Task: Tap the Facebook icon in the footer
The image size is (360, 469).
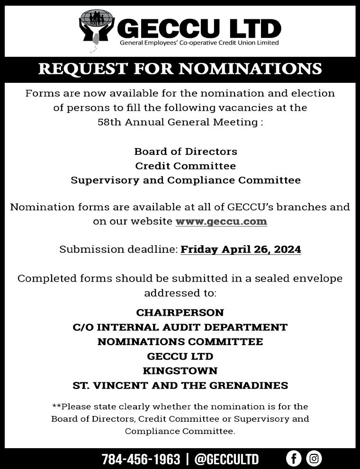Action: pos(294,458)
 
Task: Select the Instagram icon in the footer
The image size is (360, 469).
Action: pos(314,458)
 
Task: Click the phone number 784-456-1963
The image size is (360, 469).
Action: pos(141,459)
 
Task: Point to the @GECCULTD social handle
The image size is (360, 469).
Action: pos(226,459)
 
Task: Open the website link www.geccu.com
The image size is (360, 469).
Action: pos(221,221)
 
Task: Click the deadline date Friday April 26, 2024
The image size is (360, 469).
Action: pos(241,249)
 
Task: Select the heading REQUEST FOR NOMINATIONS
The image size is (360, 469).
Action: pos(180,69)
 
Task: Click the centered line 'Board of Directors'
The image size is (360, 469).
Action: pos(186,151)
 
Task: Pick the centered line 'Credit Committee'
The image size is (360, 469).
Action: pos(186,166)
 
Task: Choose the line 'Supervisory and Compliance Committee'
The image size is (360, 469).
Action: pos(186,180)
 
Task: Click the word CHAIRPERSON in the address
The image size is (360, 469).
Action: pos(180,313)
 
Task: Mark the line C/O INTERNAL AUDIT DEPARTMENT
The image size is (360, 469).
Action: pos(180,327)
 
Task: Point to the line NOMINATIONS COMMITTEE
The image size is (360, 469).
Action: pos(180,342)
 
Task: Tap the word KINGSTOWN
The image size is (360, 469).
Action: pos(180,371)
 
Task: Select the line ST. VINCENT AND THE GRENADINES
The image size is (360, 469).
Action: pos(180,386)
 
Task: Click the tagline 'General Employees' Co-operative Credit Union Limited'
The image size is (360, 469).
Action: pos(199,43)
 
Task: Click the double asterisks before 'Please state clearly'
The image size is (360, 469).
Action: pos(56,406)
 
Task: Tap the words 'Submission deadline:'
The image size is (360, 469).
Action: pos(118,249)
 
